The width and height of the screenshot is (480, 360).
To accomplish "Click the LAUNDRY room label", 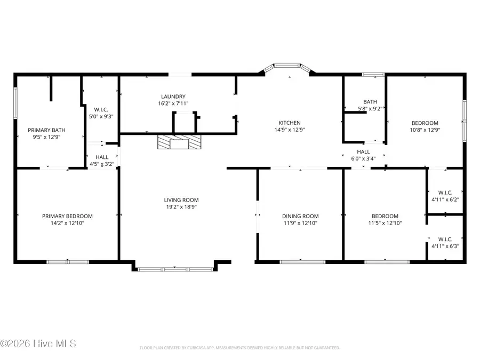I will [x=173, y=96].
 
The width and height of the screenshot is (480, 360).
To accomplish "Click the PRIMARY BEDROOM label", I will [x=67, y=216].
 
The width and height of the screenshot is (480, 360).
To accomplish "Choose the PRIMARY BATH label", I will [x=47, y=129].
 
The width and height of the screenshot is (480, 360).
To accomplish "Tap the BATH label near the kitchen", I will [x=370, y=101].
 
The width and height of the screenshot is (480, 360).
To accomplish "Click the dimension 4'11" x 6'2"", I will [x=445, y=199].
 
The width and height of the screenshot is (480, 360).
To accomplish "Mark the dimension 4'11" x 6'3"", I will [x=445, y=246].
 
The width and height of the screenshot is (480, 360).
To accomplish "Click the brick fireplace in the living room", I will [x=180, y=142].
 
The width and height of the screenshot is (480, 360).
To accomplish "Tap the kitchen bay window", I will [x=289, y=68].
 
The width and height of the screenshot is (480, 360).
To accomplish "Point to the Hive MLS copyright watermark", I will [x=38, y=343].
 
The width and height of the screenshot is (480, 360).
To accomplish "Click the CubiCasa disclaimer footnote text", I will [x=239, y=348].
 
